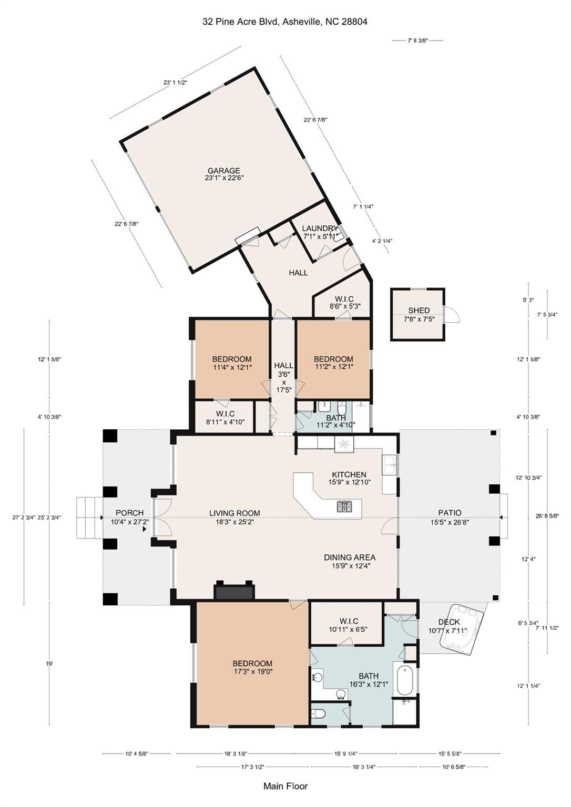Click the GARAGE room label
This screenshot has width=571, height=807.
(223, 174)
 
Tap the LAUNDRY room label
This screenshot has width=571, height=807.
(320, 232)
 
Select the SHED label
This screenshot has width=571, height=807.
(419, 314)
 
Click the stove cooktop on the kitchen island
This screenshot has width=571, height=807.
(345, 507)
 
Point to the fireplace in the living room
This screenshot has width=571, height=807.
(234, 591)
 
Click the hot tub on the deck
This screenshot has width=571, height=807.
(465, 629)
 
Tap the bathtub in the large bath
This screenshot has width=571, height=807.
(405, 681)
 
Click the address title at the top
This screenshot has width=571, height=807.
(285, 22)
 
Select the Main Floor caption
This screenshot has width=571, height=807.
(285, 786)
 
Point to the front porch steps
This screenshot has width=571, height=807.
(88, 518)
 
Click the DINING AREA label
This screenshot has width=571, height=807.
(349, 562)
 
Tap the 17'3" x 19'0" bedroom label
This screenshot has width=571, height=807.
(252, 667)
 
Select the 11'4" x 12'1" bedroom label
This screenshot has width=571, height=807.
(231, 363)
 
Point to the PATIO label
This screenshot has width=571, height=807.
(450, 517)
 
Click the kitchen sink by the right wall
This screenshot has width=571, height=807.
(389, 465)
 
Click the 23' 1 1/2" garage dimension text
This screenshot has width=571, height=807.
(175, 82)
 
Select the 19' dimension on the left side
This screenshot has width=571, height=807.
(49, 664)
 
